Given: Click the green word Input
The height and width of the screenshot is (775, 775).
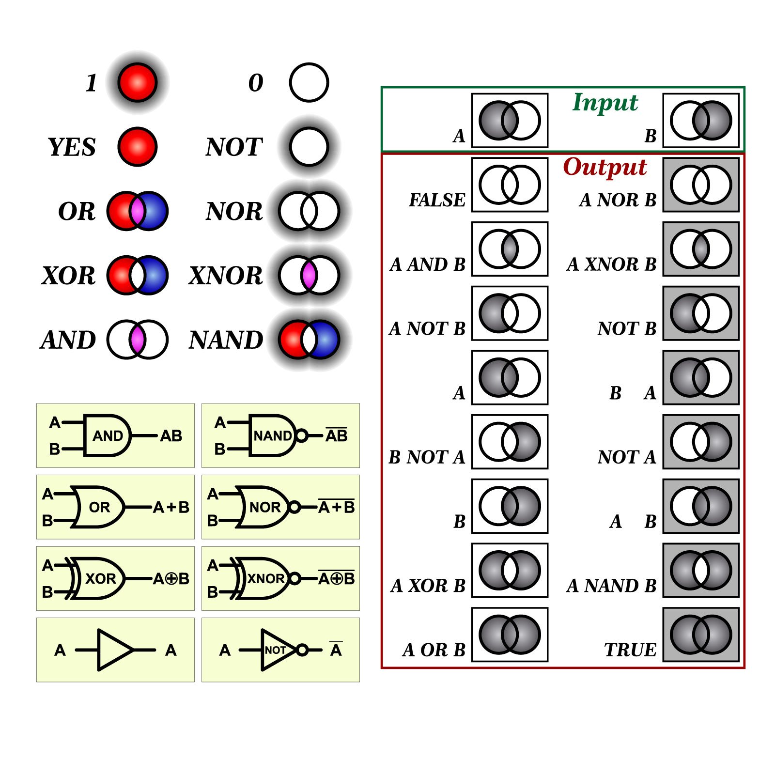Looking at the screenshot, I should click(x=605, y=103).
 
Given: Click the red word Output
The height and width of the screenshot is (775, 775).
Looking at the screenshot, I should click(x=605, y=167).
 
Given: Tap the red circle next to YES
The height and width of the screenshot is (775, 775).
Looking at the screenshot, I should click(x=138, y=147).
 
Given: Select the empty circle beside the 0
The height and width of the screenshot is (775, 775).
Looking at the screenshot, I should click(x=309, y=82).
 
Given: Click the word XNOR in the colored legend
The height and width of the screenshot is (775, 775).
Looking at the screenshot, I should click(x=226, y=276).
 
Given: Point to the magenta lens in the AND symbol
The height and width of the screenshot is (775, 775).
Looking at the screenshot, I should click(x=138, y=340).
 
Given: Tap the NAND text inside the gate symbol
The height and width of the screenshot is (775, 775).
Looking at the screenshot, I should click(x=272, y=436).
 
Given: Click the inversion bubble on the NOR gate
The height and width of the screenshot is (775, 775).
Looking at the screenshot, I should click(x=294, y=507).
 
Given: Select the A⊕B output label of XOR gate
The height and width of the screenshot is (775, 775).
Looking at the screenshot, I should click(x=171, y=579).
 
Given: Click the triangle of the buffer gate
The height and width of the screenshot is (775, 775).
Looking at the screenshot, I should click(x=114, y=650).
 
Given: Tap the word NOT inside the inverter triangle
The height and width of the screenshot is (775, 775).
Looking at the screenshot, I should click(x=275, y=650).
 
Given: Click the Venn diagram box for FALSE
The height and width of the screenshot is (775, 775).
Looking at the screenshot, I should click(x=510, y=185).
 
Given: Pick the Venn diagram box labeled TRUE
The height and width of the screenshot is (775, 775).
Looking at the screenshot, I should click(x=701, y=635).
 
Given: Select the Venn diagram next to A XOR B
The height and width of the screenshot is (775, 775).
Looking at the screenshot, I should click(x=510, y=570).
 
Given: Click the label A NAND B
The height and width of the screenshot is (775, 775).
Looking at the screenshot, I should click(x=611, y=586).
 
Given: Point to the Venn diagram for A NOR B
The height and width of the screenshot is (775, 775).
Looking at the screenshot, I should click(x=701, y=185).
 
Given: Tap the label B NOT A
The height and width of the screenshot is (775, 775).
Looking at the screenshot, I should click(x=427, y=457).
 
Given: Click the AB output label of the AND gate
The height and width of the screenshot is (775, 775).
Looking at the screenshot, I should click(x=171, y=436).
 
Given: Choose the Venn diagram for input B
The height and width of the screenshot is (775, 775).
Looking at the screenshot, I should click(x=701, y=120).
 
